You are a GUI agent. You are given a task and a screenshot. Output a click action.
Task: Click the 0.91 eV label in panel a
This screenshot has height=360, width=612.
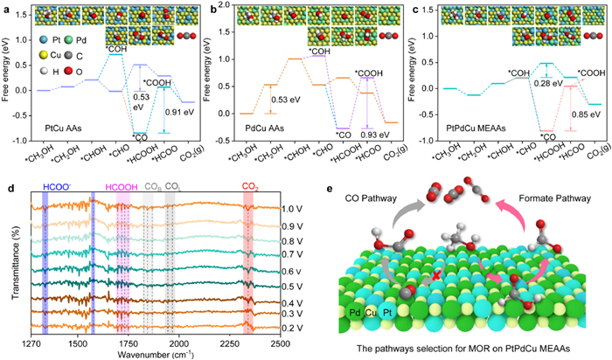178,112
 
